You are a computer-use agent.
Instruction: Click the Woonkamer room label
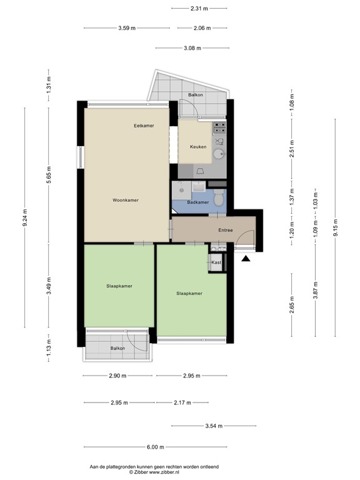125,200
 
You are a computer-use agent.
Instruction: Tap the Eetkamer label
144,126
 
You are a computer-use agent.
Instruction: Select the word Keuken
198,147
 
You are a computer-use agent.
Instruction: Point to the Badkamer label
197,202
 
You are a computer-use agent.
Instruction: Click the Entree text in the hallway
225,230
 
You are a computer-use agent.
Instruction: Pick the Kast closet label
216,263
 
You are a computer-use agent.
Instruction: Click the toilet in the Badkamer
217,199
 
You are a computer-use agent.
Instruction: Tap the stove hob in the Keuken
219,129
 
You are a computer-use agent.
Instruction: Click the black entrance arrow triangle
246,257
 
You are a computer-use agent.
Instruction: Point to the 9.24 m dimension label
26,218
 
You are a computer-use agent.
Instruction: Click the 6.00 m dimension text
155,447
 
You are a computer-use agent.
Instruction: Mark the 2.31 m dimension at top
199,9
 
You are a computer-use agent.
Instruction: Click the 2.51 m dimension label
292,151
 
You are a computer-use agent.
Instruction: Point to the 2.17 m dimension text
182,402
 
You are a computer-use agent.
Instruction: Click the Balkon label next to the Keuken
195,95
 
